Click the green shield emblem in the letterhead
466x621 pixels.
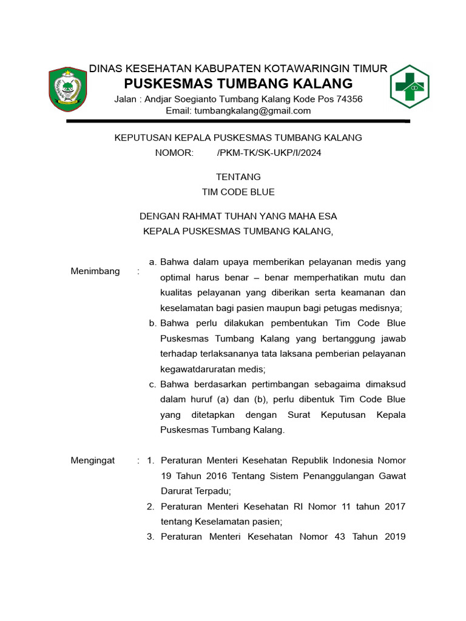(x=68, y=89)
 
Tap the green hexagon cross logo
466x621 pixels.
(x=409, y=86)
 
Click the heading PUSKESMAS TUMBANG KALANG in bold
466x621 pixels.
(x=238, y=83)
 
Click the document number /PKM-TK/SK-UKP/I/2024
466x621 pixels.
(x=269, y=153)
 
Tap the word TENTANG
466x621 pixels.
(x=238, y=177)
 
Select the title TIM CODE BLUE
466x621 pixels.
(x=238, y=192)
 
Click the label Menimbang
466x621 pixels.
(x=95, y=271)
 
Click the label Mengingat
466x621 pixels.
(x=93, y=461)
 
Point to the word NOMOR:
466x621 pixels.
(x=174, y=153)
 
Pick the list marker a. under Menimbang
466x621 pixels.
(x=153, y=262)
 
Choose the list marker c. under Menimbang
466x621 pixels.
(x=153, y=384)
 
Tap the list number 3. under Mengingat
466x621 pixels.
(x=151, y=537)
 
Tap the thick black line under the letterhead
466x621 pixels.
(x=238, y=122)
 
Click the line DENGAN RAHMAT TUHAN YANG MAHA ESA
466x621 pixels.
(x=238, y=216)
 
